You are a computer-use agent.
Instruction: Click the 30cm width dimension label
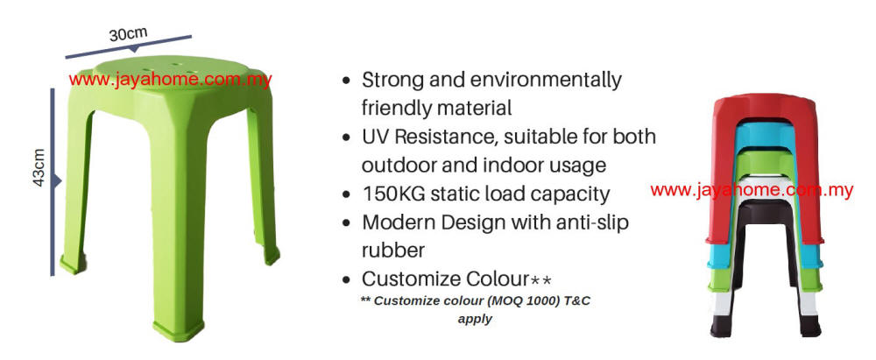[x=129, y=34]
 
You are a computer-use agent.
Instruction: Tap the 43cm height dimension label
[x=39, y=167]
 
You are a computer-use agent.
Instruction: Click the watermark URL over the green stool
[x=171, y=80]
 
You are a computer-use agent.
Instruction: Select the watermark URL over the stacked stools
[x=752, y=191]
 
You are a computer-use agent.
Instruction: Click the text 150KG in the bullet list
[x=392, y=194]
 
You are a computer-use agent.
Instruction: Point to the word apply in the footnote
[x=475, y=320]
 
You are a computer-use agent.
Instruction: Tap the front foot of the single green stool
[x=178, y=330]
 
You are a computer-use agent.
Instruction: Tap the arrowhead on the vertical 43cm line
[x=57, y=180]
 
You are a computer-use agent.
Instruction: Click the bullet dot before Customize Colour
[x=347, y=279]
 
